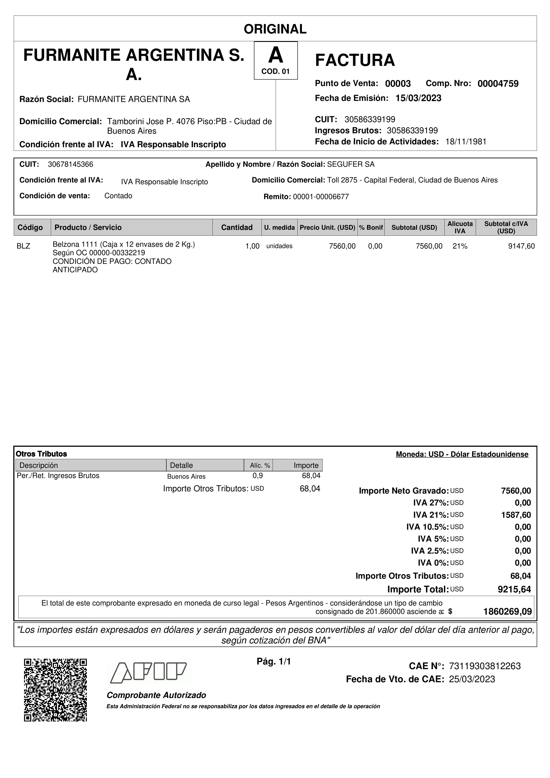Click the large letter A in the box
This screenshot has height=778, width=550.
pos(275,55)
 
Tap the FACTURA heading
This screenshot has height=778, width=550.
pos(355,60)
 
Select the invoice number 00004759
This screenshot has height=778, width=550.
pos(498,84)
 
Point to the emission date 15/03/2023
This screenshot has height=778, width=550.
pos(418,98)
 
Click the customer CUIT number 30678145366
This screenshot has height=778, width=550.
pos(71,164)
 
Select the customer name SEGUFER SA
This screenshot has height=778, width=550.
pos(351,164)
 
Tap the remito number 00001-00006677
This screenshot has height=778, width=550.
pos(321,197)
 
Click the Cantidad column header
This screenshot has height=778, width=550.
pos(237,227)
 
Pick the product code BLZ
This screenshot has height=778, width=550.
pos(23,246)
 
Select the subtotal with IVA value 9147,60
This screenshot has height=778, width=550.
pos(521,246)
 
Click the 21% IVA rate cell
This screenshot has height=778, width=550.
pos(460,246)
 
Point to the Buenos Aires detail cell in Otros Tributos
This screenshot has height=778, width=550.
pos(186,476)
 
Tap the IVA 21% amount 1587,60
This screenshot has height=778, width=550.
pos(516,515)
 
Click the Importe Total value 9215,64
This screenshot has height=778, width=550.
pos(514,589)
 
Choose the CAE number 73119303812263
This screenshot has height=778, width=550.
pos(485,666)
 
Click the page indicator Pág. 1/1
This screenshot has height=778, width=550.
pos(274,661)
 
